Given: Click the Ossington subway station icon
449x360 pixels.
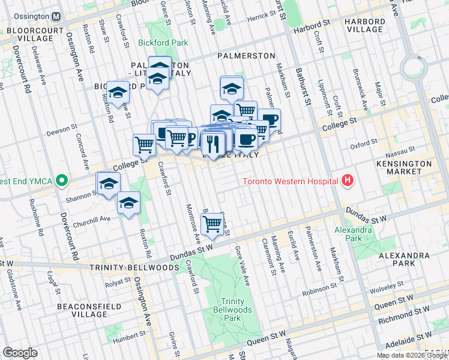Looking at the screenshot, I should pyautogui.click(x=56, y=16).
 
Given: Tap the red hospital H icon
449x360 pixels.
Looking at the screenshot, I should pyautogui.click(x=346, y=181).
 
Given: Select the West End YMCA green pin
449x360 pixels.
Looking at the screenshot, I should pyautogui.click(x=61, y=180).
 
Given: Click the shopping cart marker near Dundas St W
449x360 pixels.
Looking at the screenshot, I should pyautogui.click(x=212, y=225).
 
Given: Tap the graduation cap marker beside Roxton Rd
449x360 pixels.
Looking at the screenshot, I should pyautogui.click(x=128, y=204).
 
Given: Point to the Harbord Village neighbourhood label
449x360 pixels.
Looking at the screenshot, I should pyautogui.click(x=364, y=25).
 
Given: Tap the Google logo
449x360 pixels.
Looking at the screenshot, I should pyautogui.click(x=20, y=353).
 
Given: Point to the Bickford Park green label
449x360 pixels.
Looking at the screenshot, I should pyautogui.click(x=163, y=43).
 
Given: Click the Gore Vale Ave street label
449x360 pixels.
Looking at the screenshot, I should pyautogui.click(x=243, y=257).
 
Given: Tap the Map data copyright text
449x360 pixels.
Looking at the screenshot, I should pyautogui.click(x=412, y=355).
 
